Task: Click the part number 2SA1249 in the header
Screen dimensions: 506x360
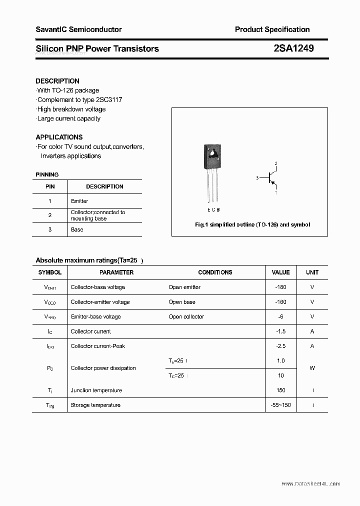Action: pos(293,48)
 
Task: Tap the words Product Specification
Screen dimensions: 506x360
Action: pos(272,29)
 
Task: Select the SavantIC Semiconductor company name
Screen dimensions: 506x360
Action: pos(78,29)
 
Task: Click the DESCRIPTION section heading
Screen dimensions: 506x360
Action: pos(57,81)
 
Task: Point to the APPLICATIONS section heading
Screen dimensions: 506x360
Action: pos(59,137)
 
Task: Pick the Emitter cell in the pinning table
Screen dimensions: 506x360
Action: pos(79,201)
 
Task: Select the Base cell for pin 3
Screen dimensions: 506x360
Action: pos(77,229)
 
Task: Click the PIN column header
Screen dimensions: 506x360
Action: pos(50,186)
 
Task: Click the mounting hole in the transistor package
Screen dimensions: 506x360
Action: pos(213,152)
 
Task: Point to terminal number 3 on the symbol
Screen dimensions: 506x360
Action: pos(257,178)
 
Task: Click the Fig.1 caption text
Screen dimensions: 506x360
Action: pos(252,225)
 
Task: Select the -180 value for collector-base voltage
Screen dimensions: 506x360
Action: pos(280,287)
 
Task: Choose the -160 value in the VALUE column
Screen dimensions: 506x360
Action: pos(280,302)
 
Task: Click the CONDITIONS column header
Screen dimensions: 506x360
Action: pos(215,272)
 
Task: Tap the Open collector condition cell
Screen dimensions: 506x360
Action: pos(186,316)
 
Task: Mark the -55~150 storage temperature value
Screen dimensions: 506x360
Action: pos(280,405)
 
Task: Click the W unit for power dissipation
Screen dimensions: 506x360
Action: pos(312,368)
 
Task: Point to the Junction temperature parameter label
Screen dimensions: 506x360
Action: pos(96,390)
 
